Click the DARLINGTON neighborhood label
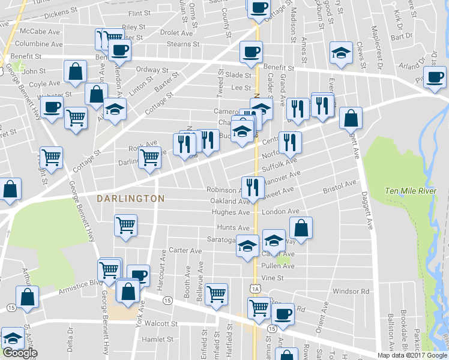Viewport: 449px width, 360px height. click(130, 198)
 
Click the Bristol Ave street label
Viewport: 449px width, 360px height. click(340, 188)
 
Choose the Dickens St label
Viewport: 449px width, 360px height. click(61, 12)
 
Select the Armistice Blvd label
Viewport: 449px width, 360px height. click(81, 287)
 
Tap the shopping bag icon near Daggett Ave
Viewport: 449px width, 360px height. click(351, 118)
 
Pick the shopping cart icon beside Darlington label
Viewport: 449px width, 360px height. click(149, 158)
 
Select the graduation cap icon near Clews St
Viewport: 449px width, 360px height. click(341, 52)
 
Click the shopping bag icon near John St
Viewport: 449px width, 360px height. click(76, 71)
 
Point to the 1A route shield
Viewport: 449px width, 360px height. click(256, 289)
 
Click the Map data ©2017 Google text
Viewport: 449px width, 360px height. click(412, 355)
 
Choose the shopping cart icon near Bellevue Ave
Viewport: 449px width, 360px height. click(216, 294)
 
